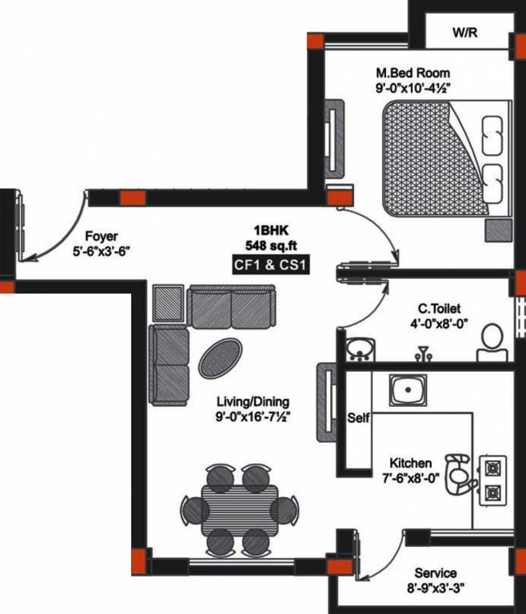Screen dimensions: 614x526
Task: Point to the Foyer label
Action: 101,236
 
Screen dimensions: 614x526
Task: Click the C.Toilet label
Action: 439,308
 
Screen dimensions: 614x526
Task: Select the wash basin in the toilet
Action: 362,349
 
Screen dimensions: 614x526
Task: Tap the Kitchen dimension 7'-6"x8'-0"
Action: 411,479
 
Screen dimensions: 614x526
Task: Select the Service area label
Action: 436,573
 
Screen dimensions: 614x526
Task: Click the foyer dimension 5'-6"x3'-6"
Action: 101,250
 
